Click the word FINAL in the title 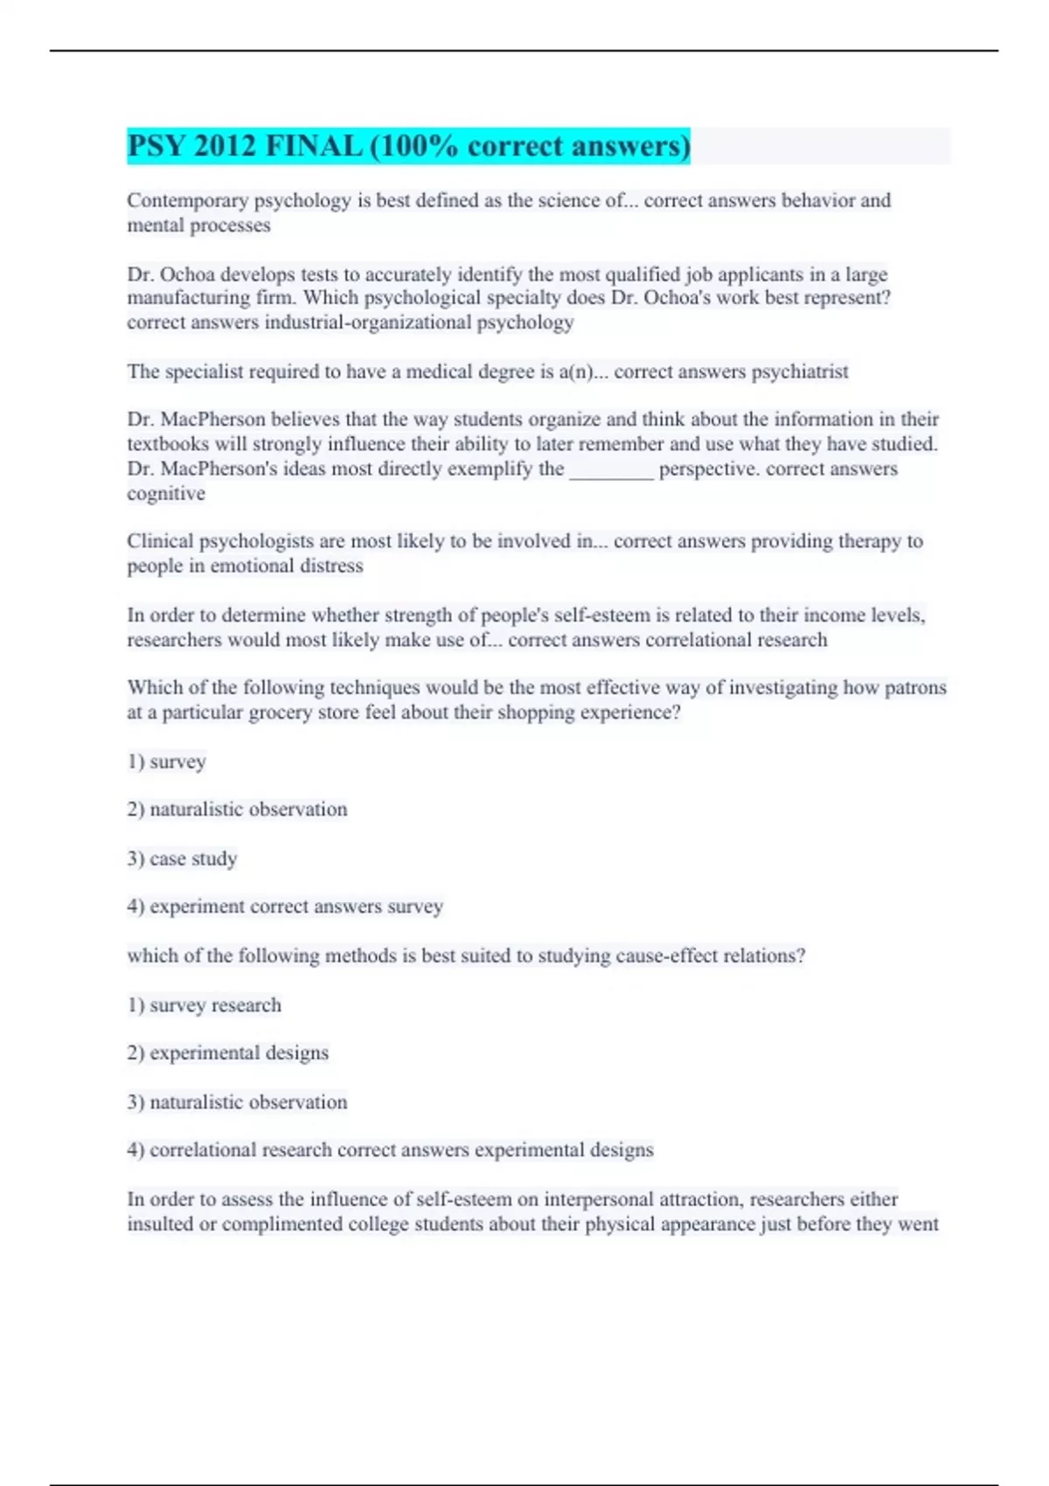tap(313, 146)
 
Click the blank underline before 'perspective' tap(611, 469)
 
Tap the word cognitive tap(166, 494)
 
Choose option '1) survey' tap(166, 761)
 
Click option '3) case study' tap(182, 858)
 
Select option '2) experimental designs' tap(227, 1052)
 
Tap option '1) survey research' tap(204, 1005)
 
